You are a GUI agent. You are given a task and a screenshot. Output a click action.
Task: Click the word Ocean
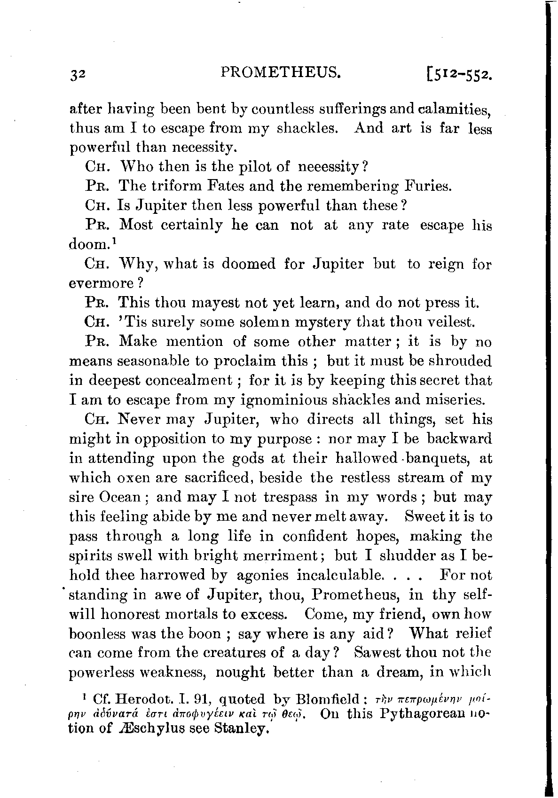(123, 497)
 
